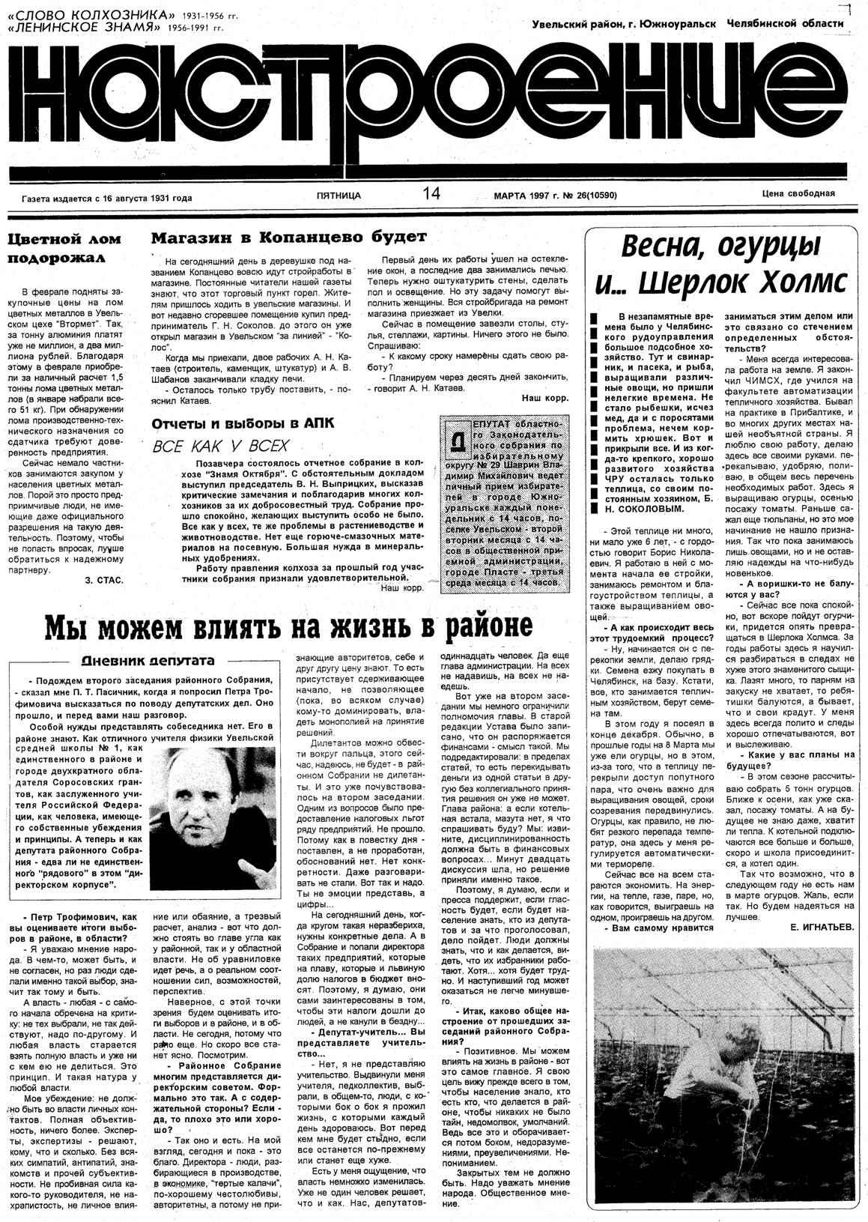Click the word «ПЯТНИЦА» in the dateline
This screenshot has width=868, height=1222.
click(x=339, y=196)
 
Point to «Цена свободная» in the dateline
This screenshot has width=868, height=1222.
click(x=798, y=193)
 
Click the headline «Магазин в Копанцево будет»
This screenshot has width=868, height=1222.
click(x=288, y=238)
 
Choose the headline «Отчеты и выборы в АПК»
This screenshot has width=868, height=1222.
click(x=243, y=423)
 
